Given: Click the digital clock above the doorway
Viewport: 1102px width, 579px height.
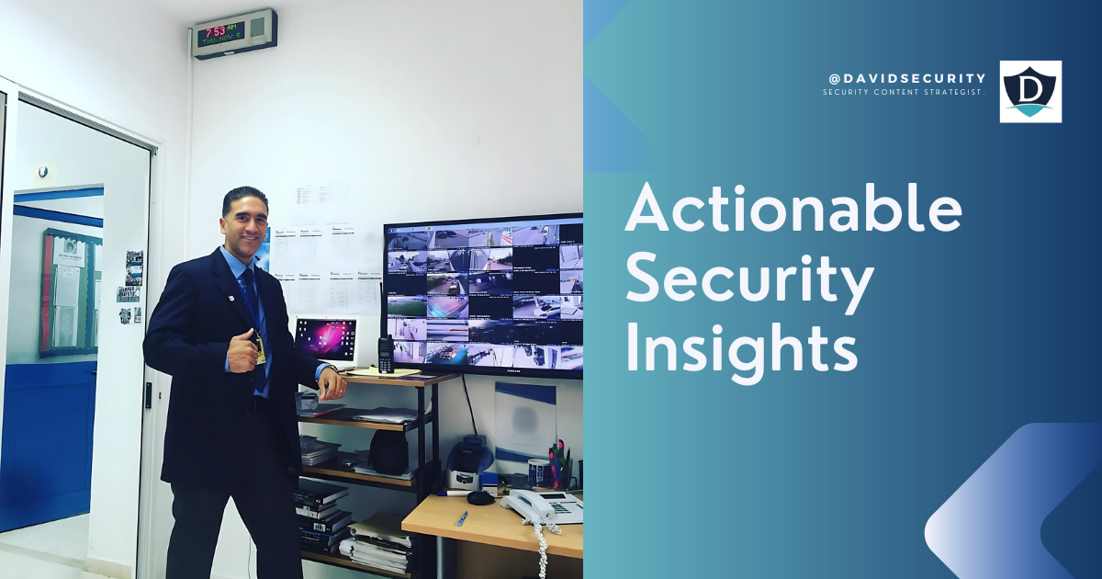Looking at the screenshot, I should pos(235,34).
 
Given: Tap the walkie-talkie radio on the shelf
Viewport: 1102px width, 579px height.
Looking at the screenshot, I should pos(386,353).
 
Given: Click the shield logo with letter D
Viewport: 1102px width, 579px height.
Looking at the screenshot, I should pos(1030,91).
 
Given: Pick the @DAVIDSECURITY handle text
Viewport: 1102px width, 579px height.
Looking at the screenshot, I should pos(906,78).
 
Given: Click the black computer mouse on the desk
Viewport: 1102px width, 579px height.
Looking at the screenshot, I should pos(480,497).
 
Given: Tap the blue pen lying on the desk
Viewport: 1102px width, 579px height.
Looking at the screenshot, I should pos(462,518).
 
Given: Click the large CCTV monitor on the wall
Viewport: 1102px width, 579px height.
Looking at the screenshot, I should pos(483,294).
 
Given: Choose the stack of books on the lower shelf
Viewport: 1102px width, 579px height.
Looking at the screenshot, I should pos(321,515).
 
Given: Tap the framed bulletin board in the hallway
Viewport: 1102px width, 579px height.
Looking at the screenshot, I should pos(70,292).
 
